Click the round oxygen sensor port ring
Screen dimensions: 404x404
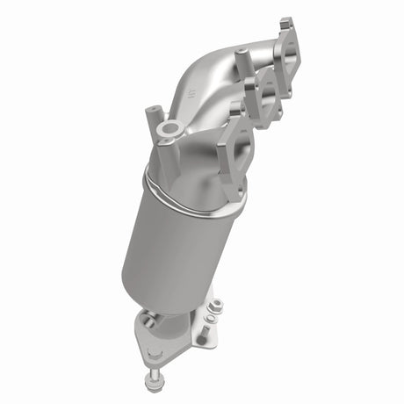click(x=169, y=132)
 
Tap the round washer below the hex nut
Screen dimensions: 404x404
click(x=212, y=318)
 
